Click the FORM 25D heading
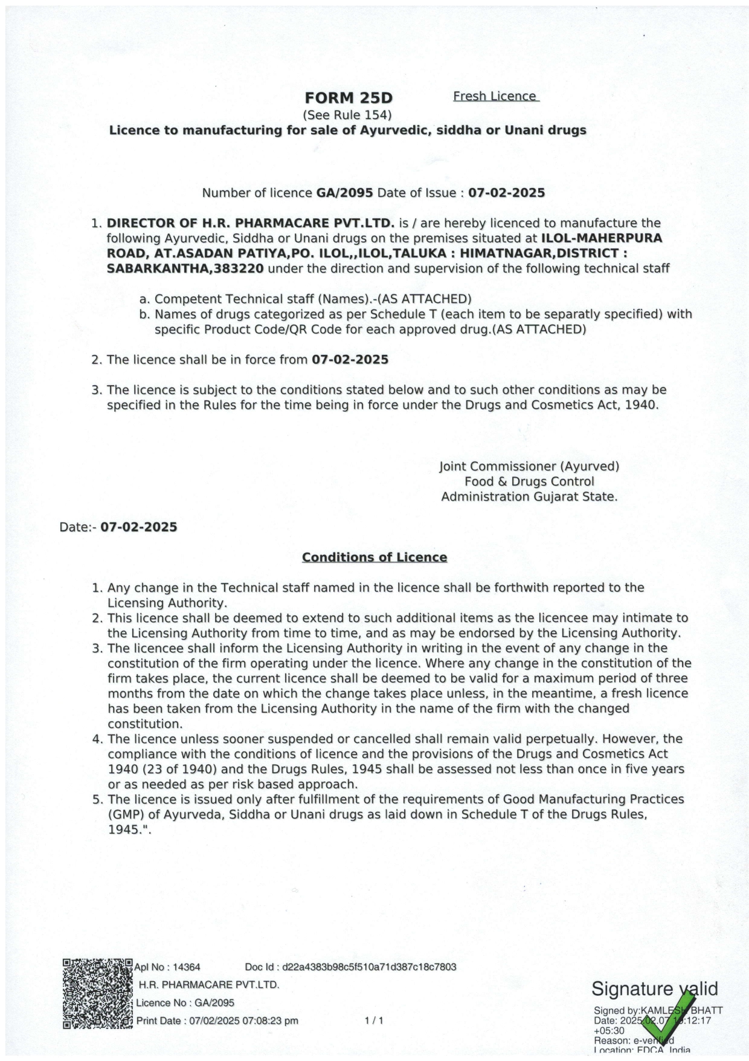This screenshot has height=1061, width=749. [x=348, y=98]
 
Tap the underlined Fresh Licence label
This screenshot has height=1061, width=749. [x=495, y=96]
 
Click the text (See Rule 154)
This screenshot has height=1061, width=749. [x=347, y=114]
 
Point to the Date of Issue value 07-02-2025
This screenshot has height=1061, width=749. [x=506, y=193]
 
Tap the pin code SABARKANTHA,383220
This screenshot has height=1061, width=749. [x=185, y=268]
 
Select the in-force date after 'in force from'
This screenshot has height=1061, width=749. [x=350, y=360]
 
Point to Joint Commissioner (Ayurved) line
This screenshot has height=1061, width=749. [x=529, y=466]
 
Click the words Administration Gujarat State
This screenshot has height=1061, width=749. [x=529, y=496]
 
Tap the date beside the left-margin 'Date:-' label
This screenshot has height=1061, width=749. [x=138, y=527]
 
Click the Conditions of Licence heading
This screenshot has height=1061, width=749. [x=374, y=557]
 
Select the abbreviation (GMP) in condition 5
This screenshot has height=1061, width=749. [x=126, y=814]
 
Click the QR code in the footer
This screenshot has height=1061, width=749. [x=97, y=993]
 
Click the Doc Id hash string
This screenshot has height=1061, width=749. [x=368, y=967]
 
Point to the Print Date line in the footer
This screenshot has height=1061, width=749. [x=217, y=1021]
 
